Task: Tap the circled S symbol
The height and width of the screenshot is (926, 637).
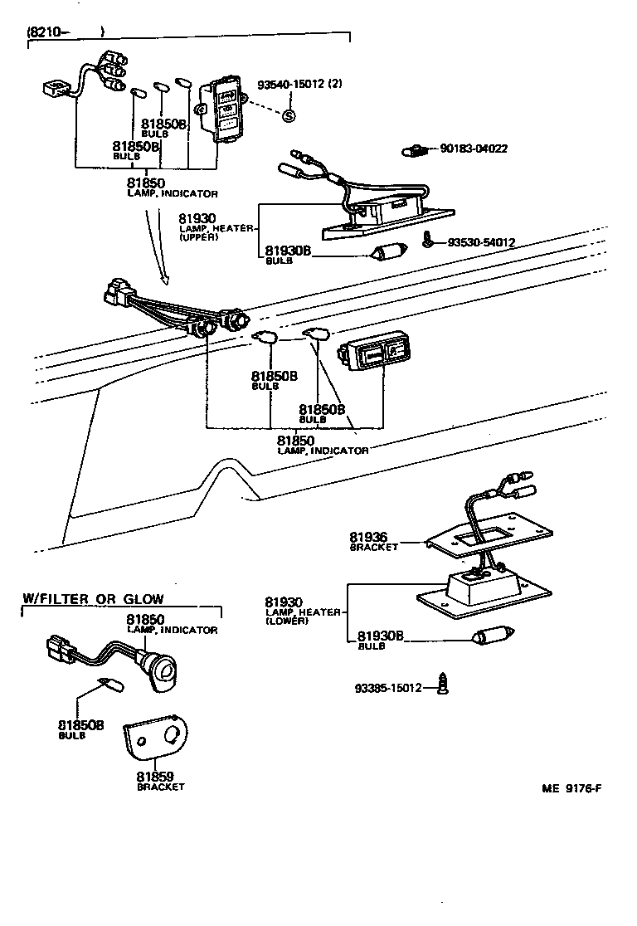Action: [289, 116]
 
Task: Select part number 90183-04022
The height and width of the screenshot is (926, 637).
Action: [474, 149]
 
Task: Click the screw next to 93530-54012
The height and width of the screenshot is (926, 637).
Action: [428, 241]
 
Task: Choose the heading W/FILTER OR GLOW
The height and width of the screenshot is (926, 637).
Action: [93, 598]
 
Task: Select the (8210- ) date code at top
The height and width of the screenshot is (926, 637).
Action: [66, 32]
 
